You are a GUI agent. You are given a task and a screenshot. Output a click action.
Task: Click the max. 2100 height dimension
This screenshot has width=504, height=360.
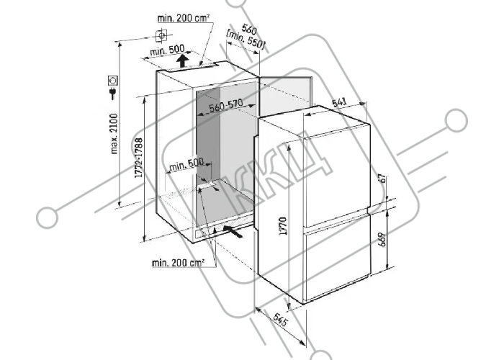pos(114,133)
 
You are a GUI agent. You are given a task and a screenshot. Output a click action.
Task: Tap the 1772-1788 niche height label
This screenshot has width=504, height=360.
pos(139,158)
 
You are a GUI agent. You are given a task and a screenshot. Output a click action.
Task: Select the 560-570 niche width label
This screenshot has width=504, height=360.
pos(226,106)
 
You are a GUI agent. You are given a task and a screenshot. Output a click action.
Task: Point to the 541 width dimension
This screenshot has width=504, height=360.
pos(340,102)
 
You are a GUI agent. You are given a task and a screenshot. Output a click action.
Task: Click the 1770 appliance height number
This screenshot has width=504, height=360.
pos(283,226)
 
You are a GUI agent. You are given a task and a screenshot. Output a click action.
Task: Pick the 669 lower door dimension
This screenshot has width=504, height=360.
pos(382,240)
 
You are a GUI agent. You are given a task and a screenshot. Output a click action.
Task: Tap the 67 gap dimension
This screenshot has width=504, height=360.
pos(382,178)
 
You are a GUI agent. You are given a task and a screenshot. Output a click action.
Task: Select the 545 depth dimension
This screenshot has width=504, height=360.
pos(279,320)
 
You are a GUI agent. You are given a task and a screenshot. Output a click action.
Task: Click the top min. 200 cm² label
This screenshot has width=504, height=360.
pos(184,18)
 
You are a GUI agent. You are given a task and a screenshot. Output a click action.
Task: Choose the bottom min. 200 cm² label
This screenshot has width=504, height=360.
pos(178,263)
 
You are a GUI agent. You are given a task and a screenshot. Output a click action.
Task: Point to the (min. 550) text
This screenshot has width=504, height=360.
pos(246,40)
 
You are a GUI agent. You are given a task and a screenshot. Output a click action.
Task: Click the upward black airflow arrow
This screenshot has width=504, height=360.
pos(183,60)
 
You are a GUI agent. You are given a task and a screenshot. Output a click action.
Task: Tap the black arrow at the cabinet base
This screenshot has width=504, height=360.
pos(233,231)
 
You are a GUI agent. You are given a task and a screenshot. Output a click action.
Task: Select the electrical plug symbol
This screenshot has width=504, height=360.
pos(113,93)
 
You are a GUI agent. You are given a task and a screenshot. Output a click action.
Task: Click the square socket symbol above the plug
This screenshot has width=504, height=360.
pos(113,80)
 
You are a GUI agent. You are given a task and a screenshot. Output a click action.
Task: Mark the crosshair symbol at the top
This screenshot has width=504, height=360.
pos(161,35)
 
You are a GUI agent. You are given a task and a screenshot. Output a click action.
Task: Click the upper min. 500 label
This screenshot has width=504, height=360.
pos(167,50)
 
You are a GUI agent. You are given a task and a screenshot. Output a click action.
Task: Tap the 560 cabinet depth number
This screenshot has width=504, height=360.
pos(249,30)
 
